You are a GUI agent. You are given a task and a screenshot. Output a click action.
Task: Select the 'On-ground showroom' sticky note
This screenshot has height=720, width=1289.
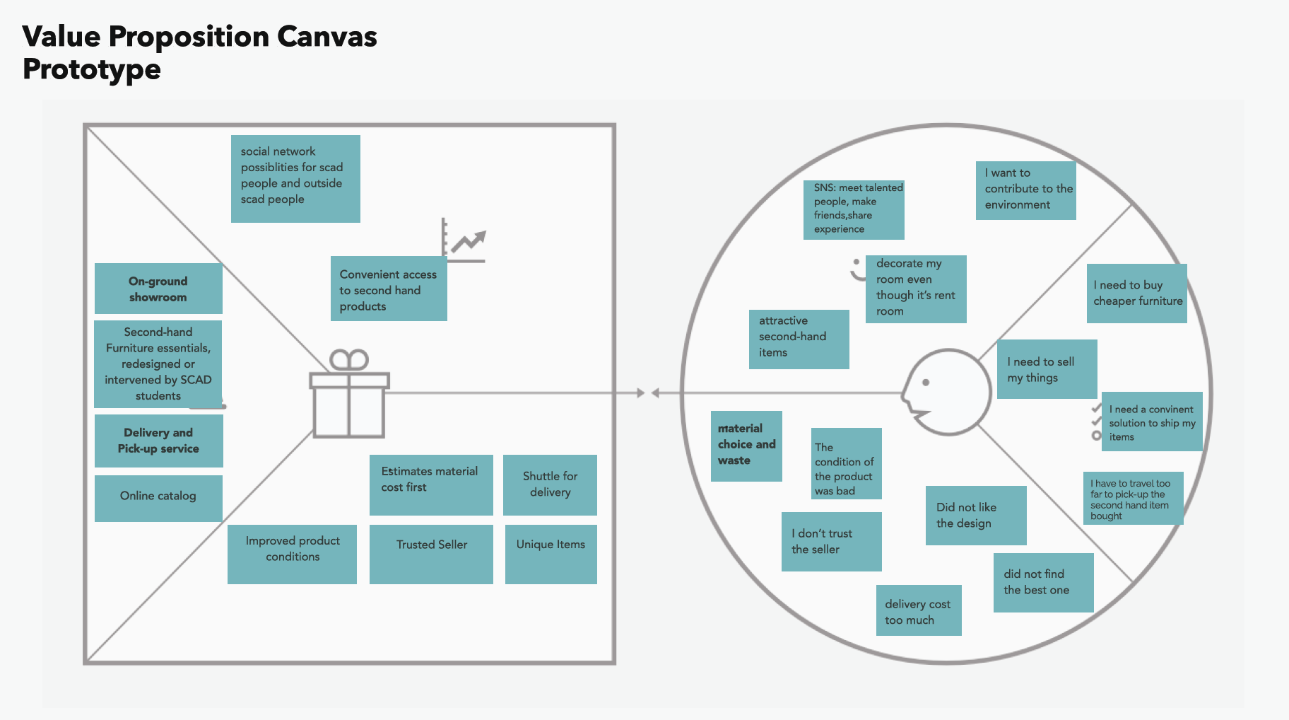(158, 289)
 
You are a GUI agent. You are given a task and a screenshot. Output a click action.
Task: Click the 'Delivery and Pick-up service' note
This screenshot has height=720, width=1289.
(158, 441)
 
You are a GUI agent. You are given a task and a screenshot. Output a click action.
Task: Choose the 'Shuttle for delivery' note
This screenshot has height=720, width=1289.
(550, 484)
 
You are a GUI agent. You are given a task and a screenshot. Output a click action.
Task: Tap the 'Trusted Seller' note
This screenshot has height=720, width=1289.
(431, 554)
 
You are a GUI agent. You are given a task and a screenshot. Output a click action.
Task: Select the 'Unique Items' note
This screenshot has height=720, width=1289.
(551, 554)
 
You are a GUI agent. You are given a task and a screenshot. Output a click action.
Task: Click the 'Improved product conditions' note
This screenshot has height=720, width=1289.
(292, 554)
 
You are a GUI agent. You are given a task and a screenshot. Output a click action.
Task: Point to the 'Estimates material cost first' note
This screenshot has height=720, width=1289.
(431, 484)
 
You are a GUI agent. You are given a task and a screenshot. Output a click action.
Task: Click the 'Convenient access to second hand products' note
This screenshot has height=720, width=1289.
(389, 289)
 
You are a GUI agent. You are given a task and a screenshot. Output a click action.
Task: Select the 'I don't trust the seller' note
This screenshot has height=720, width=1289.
(831, 541)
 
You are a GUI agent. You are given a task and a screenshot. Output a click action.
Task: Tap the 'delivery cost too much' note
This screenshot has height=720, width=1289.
(918, 610)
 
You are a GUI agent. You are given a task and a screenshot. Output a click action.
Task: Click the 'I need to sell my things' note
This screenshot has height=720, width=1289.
(1047, 369)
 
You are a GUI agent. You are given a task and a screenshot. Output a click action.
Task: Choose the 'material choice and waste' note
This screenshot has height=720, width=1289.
(746, 446)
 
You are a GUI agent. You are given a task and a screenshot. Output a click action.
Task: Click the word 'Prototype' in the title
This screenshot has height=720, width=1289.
(92, 69)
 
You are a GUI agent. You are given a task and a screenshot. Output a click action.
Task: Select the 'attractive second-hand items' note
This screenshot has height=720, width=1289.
(799, 339)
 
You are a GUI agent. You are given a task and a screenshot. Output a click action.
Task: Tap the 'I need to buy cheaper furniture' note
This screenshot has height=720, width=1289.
(1136, 293)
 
